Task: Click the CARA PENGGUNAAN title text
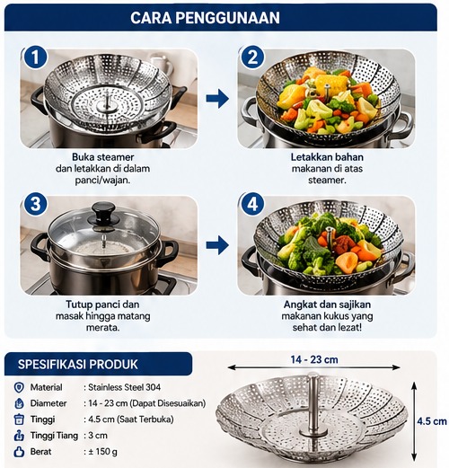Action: tap(205, 18)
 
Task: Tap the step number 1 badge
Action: tap(35, 57)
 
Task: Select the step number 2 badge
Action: tap(252, 57)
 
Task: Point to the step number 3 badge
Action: tap(35, 204)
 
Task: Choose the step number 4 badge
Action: tap(252, 204)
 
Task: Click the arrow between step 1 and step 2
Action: tap(217, 98)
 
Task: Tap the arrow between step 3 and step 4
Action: tap(217, 245)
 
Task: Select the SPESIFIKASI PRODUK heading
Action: tap(78, 365)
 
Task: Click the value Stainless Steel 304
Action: tap(124, 387)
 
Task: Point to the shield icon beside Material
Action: tap(19, 387)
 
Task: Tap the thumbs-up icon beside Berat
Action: tap(19, 452)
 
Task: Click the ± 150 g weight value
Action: tap(102, 452)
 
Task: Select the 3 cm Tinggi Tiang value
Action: tap(98, 436)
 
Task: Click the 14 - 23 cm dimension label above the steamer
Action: tap(314, 359)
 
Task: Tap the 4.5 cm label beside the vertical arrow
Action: tap(432, 421)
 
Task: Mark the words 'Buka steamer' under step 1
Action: tap(103, 157)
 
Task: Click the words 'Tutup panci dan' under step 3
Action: tap(102, 305)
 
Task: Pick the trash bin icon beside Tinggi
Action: tap(19, 419)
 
